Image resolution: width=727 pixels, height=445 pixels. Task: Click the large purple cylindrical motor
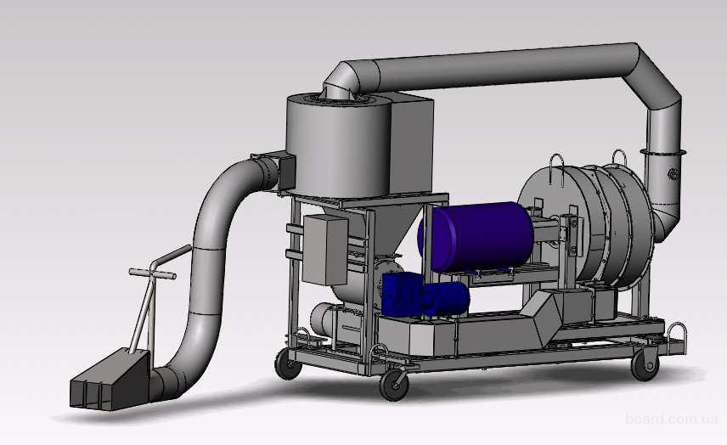point(476,236)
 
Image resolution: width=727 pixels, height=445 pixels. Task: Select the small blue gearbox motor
point(425,295)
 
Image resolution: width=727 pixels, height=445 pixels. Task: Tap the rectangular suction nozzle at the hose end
point(110,380)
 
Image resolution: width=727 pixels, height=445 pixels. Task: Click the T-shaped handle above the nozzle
point(152,279)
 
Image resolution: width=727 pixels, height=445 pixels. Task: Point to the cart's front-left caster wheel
point(289,364)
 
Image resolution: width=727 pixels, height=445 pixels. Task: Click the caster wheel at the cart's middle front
point(395,384)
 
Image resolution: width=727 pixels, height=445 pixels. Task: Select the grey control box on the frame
point(325,250)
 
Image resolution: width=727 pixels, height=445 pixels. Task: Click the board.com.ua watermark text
point(671,419)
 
